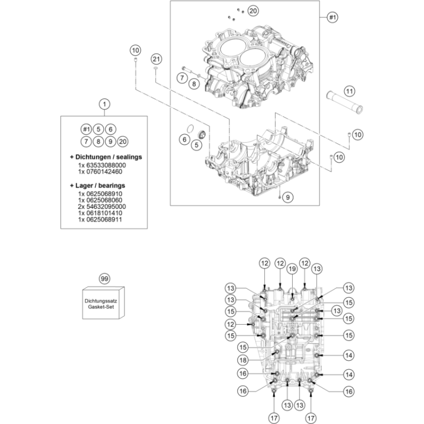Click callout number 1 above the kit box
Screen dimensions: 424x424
pos(104,104)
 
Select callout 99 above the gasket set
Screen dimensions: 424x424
pos(104,279)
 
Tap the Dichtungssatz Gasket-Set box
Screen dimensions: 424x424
pos(104,302)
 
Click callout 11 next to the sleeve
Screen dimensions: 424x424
pos(349,91)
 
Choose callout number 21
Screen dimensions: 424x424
pos(156,59)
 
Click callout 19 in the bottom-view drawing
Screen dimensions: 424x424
pos(292,269)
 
